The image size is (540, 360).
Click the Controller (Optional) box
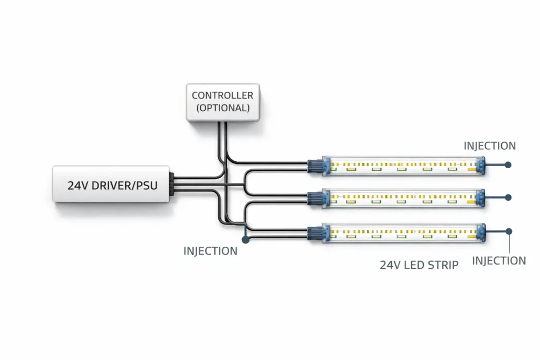[223, 102]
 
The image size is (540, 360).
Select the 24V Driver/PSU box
[112, 184]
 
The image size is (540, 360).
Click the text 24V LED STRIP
[419, 265]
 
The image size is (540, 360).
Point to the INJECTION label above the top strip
[489, 146]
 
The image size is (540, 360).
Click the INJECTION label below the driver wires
[210, 251]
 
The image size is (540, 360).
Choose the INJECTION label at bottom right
[499, 260]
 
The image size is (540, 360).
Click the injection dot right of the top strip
[508, 165]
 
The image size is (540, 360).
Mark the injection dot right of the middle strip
[508, 198]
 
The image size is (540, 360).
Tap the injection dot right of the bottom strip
[508, 231]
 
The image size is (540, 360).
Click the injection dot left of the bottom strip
[245, 239]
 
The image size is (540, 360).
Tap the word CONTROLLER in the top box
[223, 96]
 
